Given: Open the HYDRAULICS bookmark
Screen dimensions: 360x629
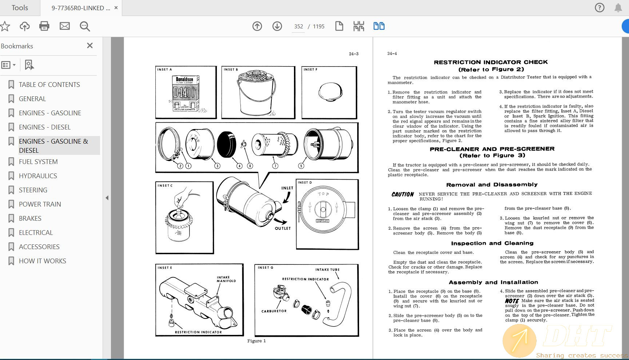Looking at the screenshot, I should (38, 176).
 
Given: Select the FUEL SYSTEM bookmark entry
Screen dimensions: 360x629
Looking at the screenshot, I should (38, 162).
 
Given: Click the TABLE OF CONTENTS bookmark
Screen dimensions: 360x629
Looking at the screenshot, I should (49, 85).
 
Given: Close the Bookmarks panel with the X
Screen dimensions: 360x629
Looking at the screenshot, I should (90, 45).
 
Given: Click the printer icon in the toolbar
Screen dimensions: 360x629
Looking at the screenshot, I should (44, 26).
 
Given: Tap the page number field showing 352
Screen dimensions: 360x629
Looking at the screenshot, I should (298, 27).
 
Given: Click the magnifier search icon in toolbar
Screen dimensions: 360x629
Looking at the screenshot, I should (85, 26).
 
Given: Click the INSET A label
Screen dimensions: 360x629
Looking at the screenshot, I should (164, 69).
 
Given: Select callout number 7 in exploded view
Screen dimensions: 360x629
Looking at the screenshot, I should (275, 166).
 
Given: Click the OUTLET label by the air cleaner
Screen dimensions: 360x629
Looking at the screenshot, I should (283, 228).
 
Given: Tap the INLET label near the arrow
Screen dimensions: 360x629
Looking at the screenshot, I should (287, 188).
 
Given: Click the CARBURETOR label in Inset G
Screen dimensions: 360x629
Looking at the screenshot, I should (274, 311).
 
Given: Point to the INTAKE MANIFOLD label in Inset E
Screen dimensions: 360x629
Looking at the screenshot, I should (226, 279).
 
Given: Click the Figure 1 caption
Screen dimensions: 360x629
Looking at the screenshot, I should (256, 341).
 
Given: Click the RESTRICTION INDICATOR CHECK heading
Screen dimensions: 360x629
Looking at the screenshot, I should (491, 62).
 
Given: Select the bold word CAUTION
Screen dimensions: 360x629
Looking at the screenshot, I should (402, 195).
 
